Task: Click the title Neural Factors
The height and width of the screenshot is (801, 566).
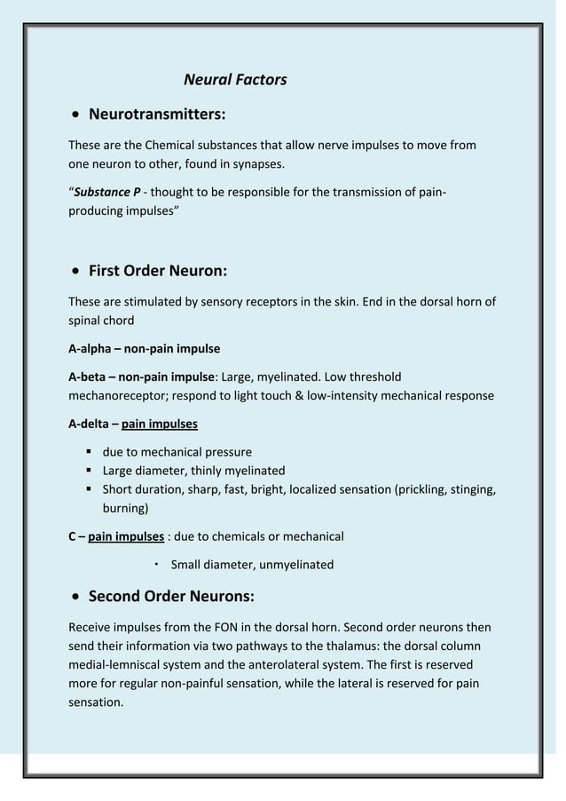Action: click(x=235, y=80)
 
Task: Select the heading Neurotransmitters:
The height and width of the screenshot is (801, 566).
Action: click(x=157, y=115)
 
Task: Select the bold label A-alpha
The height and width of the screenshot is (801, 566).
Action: click(x=93, y=349)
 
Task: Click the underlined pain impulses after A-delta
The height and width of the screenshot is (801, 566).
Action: click(x=160, y=424)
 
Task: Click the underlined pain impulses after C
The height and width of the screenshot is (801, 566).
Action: click(x=126, y=536)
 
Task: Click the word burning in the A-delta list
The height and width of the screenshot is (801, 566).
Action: click(x=125, y=509)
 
